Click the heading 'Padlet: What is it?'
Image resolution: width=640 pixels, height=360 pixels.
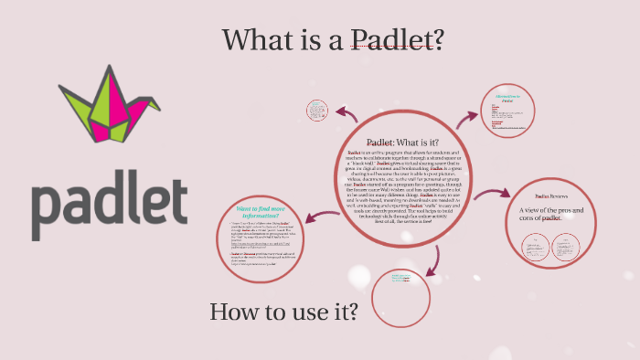402,143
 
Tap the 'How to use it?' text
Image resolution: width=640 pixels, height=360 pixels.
283,312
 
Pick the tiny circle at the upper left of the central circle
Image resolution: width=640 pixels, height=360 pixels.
316,111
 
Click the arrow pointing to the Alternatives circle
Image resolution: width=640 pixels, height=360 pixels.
467,119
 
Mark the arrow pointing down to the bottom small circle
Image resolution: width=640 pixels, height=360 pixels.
403,253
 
